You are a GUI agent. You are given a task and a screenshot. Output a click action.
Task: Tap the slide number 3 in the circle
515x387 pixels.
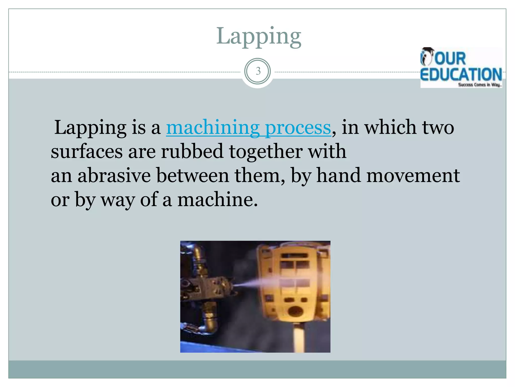click(258, 71)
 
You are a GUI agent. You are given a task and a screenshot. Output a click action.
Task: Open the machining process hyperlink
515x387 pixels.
click(248, 128)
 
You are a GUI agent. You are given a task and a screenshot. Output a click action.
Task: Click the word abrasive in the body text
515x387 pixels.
click(114, 176)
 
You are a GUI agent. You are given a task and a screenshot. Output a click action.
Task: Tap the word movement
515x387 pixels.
click(413, 176)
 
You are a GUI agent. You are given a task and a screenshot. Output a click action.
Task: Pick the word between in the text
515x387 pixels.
click(193, 176)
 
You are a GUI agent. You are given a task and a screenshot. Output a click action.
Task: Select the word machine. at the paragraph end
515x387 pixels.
click(218, 200)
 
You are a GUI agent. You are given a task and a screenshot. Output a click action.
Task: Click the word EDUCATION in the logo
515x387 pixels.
click(461, 75)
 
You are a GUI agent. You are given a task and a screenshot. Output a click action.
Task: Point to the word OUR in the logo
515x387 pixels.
click(450, 58)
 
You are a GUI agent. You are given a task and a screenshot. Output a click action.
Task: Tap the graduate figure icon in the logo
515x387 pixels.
click(426, 56)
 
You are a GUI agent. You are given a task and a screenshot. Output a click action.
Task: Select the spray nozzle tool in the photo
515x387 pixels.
click(211, 287)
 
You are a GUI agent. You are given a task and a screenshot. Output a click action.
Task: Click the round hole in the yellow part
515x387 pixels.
click(295, 311)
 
